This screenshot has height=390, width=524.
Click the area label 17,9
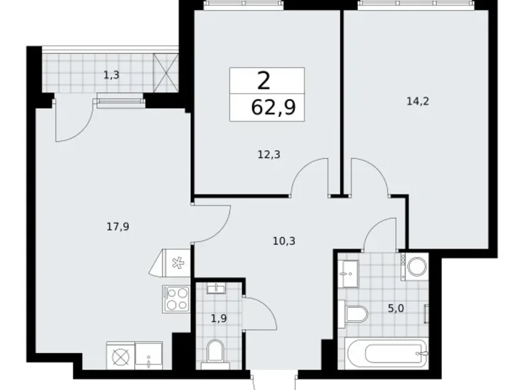click(x=117, y=227)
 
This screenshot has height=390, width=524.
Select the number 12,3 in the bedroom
click(x=269, y=154)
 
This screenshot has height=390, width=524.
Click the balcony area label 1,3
click(x=112, y=75)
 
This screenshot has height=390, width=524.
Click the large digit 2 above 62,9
click(x=264, y=81)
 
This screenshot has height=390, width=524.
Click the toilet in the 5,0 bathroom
click(x=355, y=313)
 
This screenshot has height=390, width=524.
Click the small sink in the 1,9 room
click(x=216, y=290)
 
